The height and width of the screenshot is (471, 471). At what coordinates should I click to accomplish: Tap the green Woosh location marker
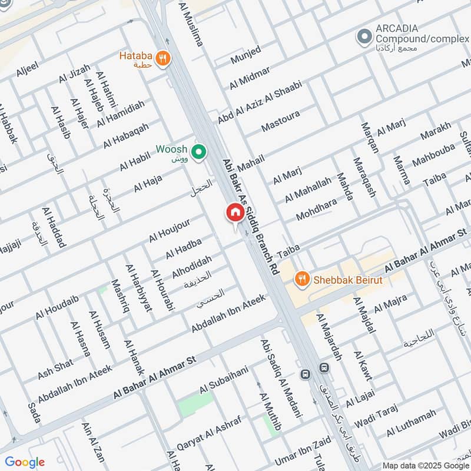200,152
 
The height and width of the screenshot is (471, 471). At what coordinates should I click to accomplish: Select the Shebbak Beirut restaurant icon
302,279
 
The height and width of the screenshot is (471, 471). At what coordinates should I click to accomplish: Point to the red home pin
235,213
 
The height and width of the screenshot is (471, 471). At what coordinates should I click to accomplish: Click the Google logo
24,462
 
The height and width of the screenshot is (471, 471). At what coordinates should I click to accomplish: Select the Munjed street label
245,54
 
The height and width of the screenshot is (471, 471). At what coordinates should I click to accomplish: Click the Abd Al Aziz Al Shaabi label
260,102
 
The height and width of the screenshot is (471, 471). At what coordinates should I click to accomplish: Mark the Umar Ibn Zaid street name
302,453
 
